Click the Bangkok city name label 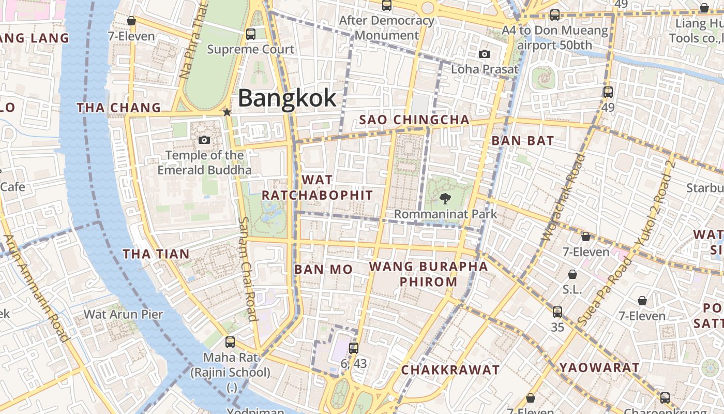pyautogui.click(x=287, y=98)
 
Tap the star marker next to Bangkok pyautogui.click(x=227, y=112)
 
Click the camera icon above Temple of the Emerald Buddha pyautogui.click(x=204, y=140)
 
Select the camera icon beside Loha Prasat pyautogui.click(x=485, y=54)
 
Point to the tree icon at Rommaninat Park pyautogui.click(x=445, y=198)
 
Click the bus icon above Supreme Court pyautogui.click(x=251, y=34)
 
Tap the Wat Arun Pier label pyautogui.click(x=123, y=314)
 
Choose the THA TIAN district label pyautogui.click(x=156, y=254)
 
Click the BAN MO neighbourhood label pyautogui.click(x=323, y=269)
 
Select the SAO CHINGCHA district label pyautogui.click(x=414, y=120)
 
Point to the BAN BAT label pyautogui.click(x=522, y=141)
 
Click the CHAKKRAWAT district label pyautogui.click(x=450, y=370)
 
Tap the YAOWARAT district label pyautogui.click(x=599, y=368)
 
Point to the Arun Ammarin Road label pyautogui.click(x=36, y=288)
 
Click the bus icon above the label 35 pyautogui.click(x=557, y=312)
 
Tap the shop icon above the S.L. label pyautogui.click(x=572, y=274)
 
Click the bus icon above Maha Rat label pyautogui.click(x=230, y=342)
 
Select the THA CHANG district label pyautogui.click(x=119, y=108)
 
